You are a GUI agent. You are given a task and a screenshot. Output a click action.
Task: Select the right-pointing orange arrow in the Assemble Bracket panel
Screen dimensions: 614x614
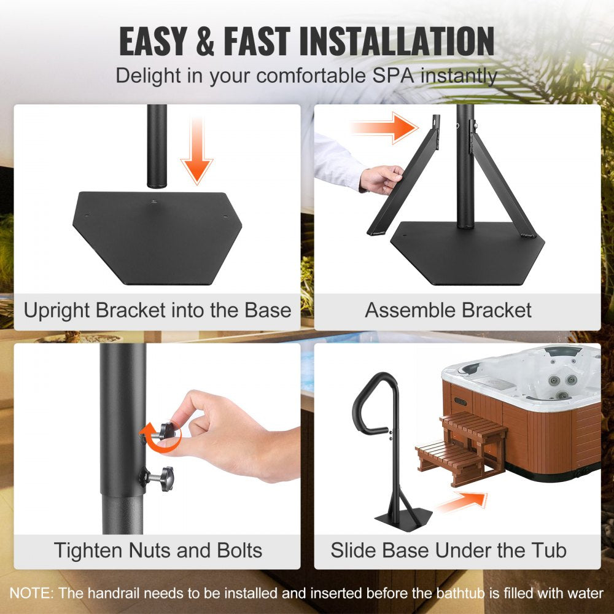tap(384, 128)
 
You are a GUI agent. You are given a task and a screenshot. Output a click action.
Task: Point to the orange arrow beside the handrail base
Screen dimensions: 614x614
tap(462, 502)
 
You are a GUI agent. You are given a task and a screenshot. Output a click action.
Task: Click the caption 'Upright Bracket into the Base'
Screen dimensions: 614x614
tap(157, 310)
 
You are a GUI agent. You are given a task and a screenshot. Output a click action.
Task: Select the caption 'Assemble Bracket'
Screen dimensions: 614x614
tap(448, 310)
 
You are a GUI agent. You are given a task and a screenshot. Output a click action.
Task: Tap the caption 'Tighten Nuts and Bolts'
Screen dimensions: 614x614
tap(158, 550)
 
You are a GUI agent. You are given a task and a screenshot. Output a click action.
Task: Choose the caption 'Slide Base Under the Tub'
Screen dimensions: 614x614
tap(448, 550)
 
